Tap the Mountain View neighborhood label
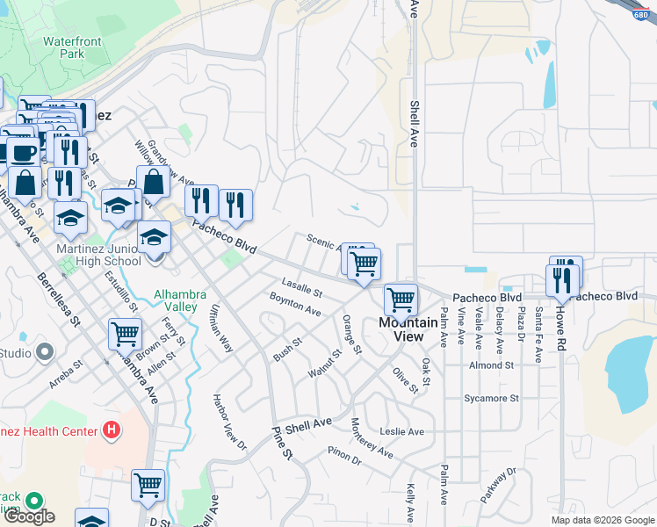[408, 329]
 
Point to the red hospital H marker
[111, 430]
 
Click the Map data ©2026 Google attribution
[603, 520]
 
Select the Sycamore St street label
[491, 398]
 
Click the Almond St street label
[491, 365]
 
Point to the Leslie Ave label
[401, 431]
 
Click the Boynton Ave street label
[295, 305]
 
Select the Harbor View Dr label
[231, 422]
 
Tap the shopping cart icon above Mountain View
[401, 300]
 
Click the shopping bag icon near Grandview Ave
[154, 182]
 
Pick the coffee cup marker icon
[24, 152]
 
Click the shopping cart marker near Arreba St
[126, 334]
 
